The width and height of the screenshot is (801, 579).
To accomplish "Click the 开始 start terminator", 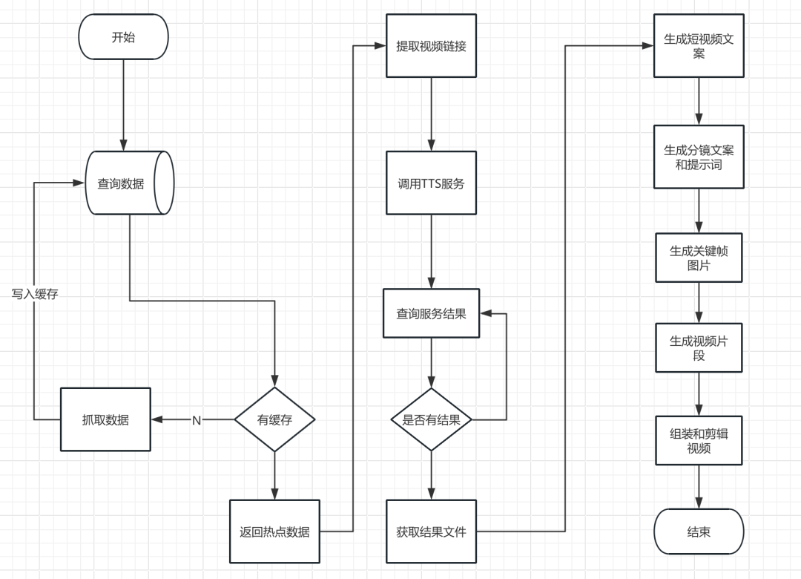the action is [x=123, y=37].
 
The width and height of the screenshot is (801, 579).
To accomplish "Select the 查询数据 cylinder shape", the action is [x=129, y=183].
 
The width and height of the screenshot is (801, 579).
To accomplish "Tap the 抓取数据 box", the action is [x=105, y=419].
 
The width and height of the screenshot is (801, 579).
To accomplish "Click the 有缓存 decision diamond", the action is [x=275, y=419].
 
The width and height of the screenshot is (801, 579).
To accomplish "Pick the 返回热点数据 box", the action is [x=275, y=531].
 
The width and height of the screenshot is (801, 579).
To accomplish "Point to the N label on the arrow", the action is [x=196, y=420].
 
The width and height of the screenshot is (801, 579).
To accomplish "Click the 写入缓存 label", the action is [x=35, y=294].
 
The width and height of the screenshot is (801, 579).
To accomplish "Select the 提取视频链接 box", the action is [x=431, y=45].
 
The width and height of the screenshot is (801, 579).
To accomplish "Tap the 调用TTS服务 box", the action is [x=431, y=183].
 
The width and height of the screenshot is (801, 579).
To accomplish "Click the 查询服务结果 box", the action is [x=431, y=313].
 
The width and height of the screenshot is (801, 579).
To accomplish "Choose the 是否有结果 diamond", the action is [x=431, y=419].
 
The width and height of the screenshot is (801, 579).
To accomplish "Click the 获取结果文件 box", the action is [x=431, y=531].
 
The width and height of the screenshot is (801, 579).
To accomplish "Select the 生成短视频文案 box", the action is [x=699, y=45].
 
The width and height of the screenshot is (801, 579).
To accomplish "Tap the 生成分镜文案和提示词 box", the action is [x=699, y=157].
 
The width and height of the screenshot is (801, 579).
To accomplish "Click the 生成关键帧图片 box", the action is [x=699, y=258].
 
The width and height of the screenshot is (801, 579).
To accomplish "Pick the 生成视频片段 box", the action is [x=699, y=348].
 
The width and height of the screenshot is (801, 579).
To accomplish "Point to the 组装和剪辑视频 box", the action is [x=699, y=440].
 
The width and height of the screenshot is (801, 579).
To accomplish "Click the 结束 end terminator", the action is [x=699, y=531].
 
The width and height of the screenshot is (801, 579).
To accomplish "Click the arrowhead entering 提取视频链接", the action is [x=380, y=45].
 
